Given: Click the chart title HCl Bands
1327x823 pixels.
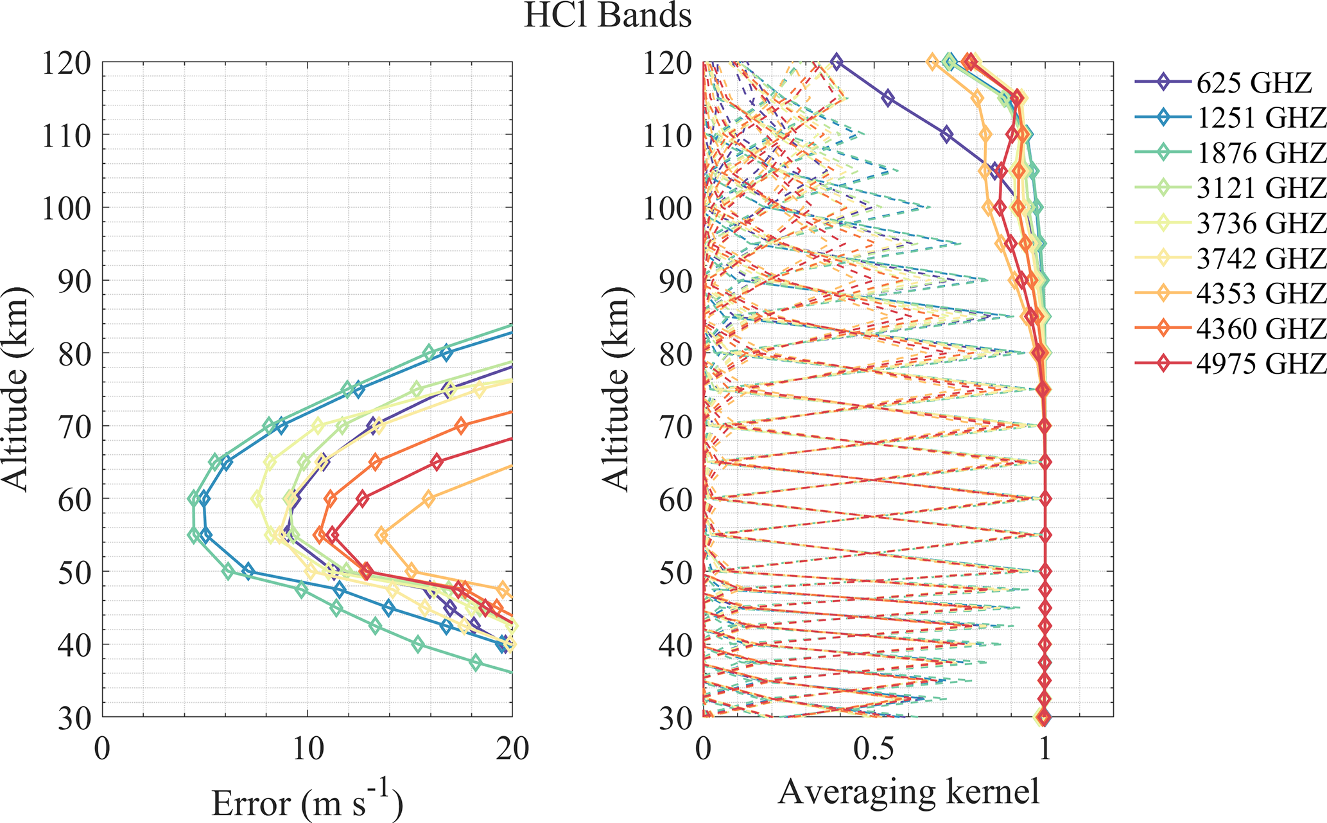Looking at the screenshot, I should click(x=607, y=15).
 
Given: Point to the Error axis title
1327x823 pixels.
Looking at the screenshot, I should click(x=307, y=802).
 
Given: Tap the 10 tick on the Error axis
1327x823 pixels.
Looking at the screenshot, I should click(x=308, y=749).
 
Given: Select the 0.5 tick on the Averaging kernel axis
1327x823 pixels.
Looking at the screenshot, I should click(x=874, y=749).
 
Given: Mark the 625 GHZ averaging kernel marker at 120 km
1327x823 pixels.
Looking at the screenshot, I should click(x=836, y=62).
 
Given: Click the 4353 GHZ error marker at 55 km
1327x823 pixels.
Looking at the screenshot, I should click(x=382, y=535).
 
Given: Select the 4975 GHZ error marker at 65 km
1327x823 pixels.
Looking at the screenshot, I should click(x=437, y=462).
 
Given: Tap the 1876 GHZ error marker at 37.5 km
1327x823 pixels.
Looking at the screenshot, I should click(x=476, y=662).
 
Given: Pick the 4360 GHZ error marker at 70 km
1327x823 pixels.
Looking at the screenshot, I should click(x=460, y=425).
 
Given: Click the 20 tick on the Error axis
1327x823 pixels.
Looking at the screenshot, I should click(x=512, y=749).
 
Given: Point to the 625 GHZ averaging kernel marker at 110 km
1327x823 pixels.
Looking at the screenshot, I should click(x=946, y=135).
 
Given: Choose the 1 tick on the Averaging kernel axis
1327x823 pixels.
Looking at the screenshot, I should click(x=1045, y=749).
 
